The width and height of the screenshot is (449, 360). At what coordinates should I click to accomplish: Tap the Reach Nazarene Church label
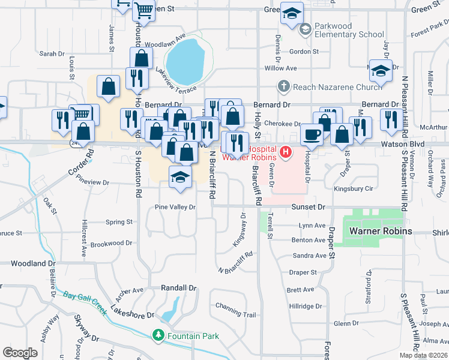point(337,87)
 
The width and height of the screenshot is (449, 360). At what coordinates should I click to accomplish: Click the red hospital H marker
point(286,153)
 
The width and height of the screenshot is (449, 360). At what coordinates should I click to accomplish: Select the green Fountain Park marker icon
point(158,335)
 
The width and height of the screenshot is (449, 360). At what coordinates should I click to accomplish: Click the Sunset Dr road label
point(308,207)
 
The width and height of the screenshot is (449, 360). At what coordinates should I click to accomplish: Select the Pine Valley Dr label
point(176,207)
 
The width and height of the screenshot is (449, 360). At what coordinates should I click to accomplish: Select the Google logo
point(20,353)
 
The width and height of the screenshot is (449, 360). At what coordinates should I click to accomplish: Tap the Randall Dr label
point(179,288)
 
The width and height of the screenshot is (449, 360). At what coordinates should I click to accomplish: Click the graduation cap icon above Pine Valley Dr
point(179,177)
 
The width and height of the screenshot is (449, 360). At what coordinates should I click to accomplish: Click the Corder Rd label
point(82,163)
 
